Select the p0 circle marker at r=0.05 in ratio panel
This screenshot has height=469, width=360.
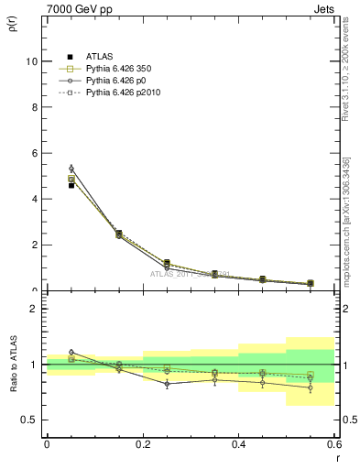pos(71,352)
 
